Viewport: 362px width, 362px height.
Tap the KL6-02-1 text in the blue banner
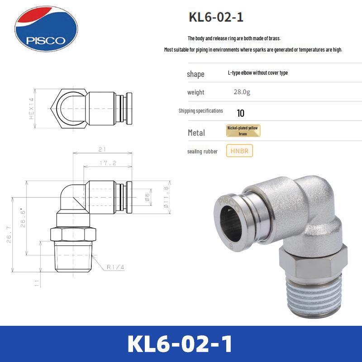(181, 344)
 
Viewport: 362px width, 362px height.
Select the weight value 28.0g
(242, 92)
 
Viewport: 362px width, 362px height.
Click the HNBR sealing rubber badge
(240, 151)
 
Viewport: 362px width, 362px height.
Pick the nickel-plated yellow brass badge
(243, 131)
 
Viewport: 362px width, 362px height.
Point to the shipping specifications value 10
(240, 113)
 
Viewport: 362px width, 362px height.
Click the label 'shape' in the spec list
(195, 74)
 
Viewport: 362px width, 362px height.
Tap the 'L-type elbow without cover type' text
(257, 73)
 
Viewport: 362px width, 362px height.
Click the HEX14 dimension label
(32, 109)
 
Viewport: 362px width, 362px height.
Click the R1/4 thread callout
(116, 267)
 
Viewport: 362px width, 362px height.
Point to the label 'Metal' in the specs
(196, 133)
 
